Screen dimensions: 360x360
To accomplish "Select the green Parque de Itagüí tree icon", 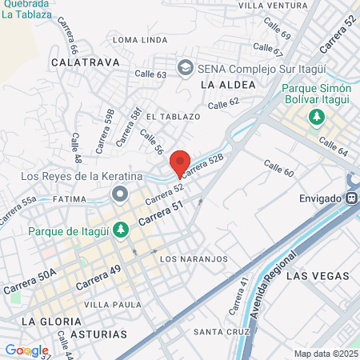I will pyautogui.click(x=120, y=230).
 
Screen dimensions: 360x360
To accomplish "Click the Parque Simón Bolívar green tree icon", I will pyautogui.click(x=317, y=117).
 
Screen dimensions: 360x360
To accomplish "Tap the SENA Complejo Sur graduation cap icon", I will pyautogui.click(x=186, y=66).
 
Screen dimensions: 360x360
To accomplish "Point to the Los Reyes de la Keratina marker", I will pyautogui.click(x=120, y=194).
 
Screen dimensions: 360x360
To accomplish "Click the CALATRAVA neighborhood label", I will pyautogui.click(x=85, y=61).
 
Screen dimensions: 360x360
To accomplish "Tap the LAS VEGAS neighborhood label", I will pyautogui.click(x=318, y=275).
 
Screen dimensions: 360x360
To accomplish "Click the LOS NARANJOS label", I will pyautogui.click(x=194, y=259).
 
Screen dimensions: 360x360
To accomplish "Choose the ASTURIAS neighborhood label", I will pyautogui.click(x=98, y=333).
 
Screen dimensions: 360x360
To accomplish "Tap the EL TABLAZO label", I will pyautogui.click(x=173, y=116).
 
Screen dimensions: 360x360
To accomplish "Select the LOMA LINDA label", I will pyautogui.click(x=141, y=38).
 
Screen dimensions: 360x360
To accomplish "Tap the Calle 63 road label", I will pyautogui.click(x=150, y=74).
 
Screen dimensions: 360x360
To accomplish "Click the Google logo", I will pyautogui.click(x=26, y=350).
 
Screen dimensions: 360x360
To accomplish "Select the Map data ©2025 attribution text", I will pyautogui.click(x=324, y=354).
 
